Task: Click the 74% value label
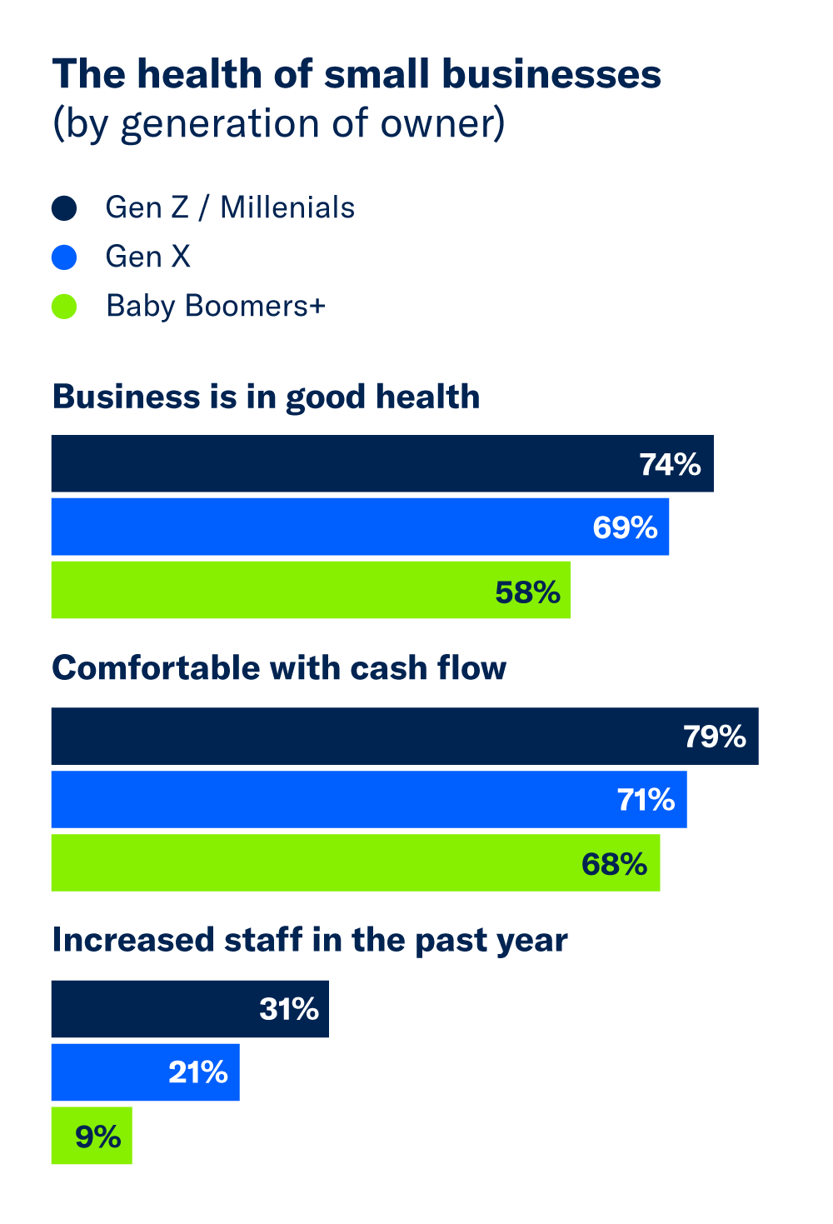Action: tap(670, 464)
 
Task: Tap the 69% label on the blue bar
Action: tap(625, 527)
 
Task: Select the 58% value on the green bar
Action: tap(527, 592)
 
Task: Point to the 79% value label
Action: tap(715, 737)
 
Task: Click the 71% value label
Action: tap(646, 800)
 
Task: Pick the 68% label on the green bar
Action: tap(614, 864)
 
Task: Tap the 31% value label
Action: tap(289, 1009)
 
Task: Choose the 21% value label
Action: tap(198, 1072)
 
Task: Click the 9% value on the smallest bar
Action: tap(98, 1137)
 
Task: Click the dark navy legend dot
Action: tap(64, 208)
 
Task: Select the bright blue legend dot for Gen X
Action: tap(64, 257)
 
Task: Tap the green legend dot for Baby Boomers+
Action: tap(64, 307)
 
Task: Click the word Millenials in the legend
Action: tap(287, 207)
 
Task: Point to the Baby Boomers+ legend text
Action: tap(215, 307)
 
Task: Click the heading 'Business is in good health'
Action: tap(266, 397)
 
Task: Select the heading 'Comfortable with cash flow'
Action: tap(279, 668)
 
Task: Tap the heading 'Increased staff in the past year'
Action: tap(310, 940)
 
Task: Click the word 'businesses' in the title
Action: tap(551, 74)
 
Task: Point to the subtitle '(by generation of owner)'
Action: tap(279, 124)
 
